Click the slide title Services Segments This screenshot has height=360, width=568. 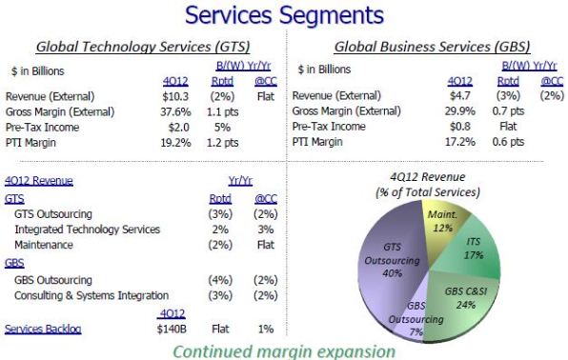[284, 15]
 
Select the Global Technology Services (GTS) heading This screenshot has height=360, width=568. [137, 47]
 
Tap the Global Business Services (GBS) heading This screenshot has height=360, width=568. [432, 47]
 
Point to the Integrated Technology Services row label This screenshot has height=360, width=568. [87, 230]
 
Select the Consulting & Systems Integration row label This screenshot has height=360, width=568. [91, 295]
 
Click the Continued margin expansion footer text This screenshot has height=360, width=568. [284, 350]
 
